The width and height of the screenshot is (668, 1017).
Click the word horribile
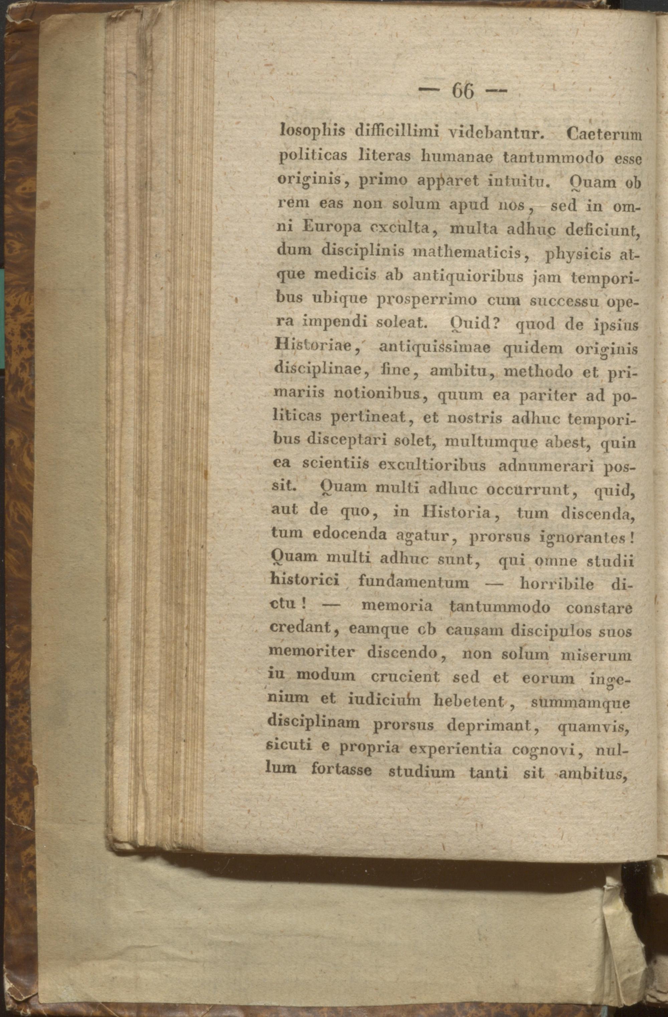tap(556, 583)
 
